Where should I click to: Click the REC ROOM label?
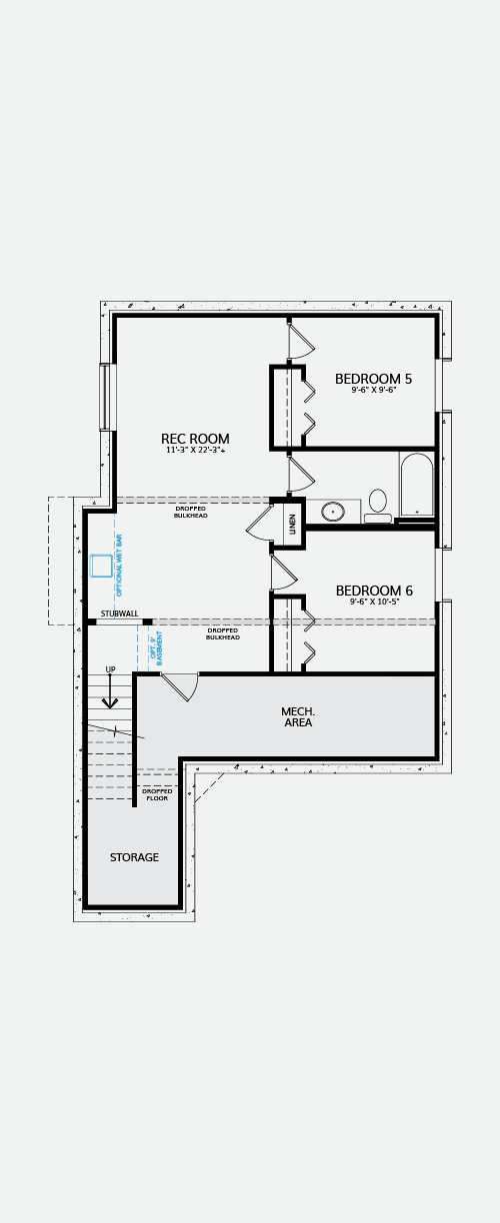point(195,439)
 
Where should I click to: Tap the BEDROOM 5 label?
point(373,379)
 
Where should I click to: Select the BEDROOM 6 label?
point(374,591)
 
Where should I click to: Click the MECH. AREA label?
point(298,716)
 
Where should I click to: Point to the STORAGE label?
point(134,857)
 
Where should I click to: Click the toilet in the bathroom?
point(378,507)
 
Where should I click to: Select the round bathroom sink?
point(332,512)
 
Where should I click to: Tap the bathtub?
point(416,485)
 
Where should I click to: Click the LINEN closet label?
point(292,524)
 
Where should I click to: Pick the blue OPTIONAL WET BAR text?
point(120,566)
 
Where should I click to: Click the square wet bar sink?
point(101,566)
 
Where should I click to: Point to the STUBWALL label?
point(120,613)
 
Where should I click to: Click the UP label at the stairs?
point(110,669)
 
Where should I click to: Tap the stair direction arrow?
point(110,691)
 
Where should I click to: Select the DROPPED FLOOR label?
point(157,794)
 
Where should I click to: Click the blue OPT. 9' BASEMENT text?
point(156,648)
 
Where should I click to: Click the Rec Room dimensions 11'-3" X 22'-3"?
point(195,451)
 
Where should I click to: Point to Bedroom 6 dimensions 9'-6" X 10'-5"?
point(374,602)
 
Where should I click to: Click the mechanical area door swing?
point(180,687)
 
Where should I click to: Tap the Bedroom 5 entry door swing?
point(301,341)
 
